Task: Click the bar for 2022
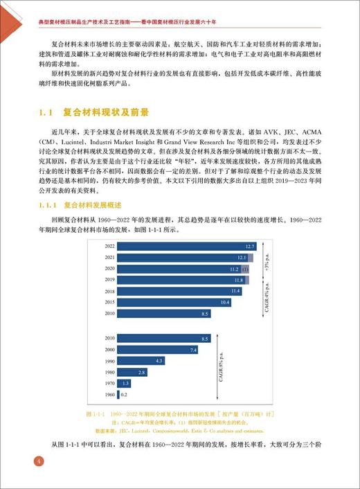coord(187,246)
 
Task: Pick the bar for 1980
coord(132,372)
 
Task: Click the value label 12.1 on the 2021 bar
coord(251,257)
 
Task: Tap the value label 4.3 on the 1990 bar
coord(159,361)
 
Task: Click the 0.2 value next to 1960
coord(124,395)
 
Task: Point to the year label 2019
coord(109,280)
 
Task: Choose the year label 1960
coord(109,395)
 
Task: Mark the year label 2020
coord(109,269)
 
